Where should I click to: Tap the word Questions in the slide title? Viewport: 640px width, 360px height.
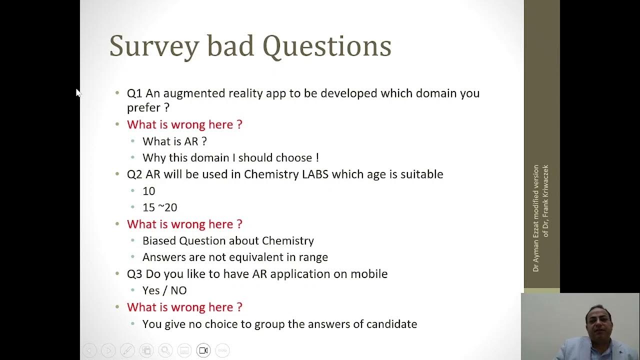click(326, 46)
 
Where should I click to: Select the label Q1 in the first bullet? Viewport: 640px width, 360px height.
click(134, 93)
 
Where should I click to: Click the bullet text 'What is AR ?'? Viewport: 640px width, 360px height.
click(174, 141)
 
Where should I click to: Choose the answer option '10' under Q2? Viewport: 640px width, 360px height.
click(149, 191)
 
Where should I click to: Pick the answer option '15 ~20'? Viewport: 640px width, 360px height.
click(159, 207)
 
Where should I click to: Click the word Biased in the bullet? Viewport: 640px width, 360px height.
click(159, 241)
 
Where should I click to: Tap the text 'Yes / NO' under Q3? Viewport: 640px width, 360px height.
click(164, 290)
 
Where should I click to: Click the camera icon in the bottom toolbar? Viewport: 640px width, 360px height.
click(203, 350)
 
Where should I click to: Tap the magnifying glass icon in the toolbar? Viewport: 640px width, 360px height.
click(165, 350)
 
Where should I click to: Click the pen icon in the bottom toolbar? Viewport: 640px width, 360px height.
click(127, 350)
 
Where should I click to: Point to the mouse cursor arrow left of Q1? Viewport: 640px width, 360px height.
click(78, 93)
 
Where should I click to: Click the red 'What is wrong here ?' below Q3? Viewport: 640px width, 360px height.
click(184, 307)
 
